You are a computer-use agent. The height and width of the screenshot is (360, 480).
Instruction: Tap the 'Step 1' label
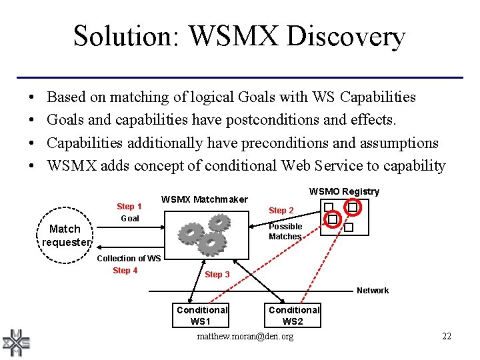[129, 207]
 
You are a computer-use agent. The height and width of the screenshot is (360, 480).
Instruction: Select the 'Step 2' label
[281, 211]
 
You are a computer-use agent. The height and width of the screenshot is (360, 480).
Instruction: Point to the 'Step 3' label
[217, 275]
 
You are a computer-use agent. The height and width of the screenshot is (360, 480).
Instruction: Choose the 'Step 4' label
[125, 270]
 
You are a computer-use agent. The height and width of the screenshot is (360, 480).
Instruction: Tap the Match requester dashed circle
[65, 235]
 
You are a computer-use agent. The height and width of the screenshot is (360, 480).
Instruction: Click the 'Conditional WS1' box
[201, 315]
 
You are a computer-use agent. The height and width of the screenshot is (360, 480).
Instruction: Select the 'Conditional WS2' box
[293, 315]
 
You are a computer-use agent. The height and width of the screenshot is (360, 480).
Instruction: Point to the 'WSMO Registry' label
[344, 191]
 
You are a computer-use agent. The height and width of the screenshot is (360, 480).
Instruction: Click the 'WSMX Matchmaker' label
[204, 199]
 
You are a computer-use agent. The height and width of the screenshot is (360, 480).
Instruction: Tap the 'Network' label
[373, 291]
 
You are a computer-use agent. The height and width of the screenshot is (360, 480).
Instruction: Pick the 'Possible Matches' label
[285, 231]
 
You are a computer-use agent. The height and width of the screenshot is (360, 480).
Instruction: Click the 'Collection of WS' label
[129, 258]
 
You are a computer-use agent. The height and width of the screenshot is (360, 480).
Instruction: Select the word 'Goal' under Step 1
[130, 219]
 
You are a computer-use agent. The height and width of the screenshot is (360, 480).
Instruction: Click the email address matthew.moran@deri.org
[245, 337]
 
